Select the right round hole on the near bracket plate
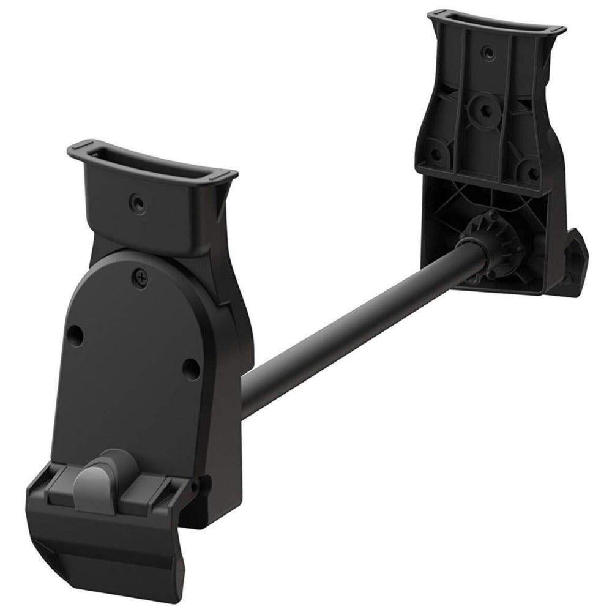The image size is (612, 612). point(190,368)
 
